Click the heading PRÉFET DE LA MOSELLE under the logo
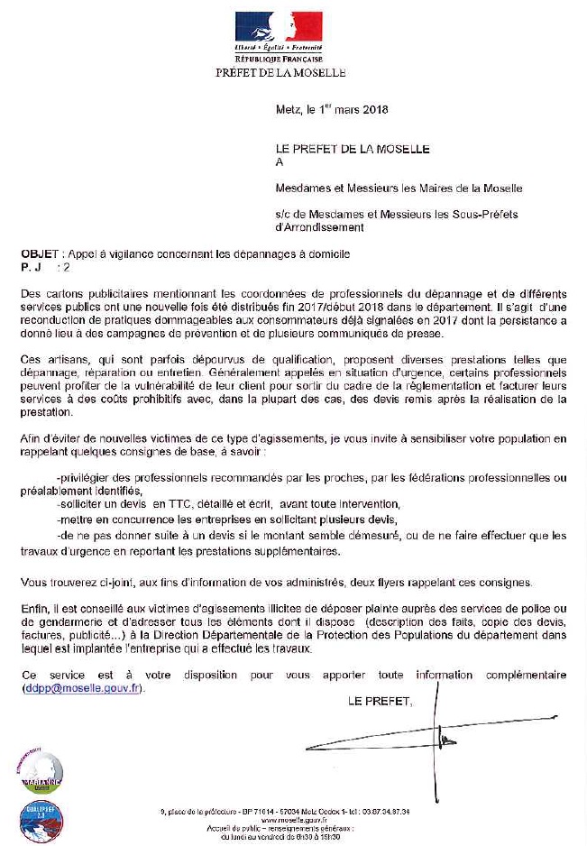[x=280, y=72]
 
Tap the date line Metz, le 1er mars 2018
[x=331, y=110]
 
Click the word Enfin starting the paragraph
[x=35, y=611]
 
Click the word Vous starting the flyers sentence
[x=35, y=583]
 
